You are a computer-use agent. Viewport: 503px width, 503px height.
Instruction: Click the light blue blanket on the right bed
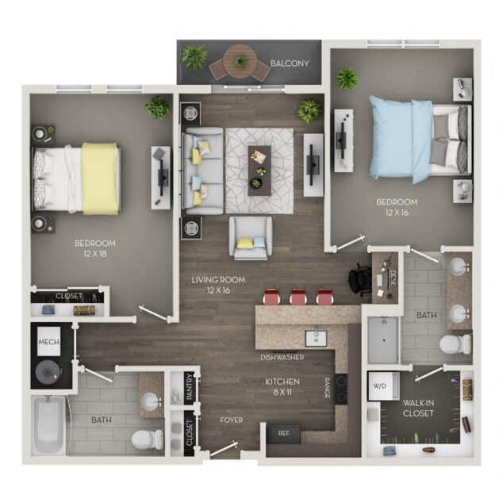(401, 140)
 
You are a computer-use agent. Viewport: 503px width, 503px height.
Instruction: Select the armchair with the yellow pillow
(251, 237)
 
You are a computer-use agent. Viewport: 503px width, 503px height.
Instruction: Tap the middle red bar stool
(298, 296)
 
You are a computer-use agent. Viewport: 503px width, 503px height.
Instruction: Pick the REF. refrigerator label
(284, 433)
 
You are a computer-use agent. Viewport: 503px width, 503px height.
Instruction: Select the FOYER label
(232, 420)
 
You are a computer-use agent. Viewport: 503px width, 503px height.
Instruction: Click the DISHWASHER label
(282, 357)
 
